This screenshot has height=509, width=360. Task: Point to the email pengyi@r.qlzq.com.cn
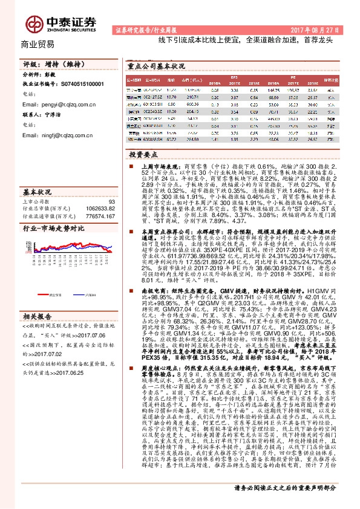[x=61, y=104]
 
